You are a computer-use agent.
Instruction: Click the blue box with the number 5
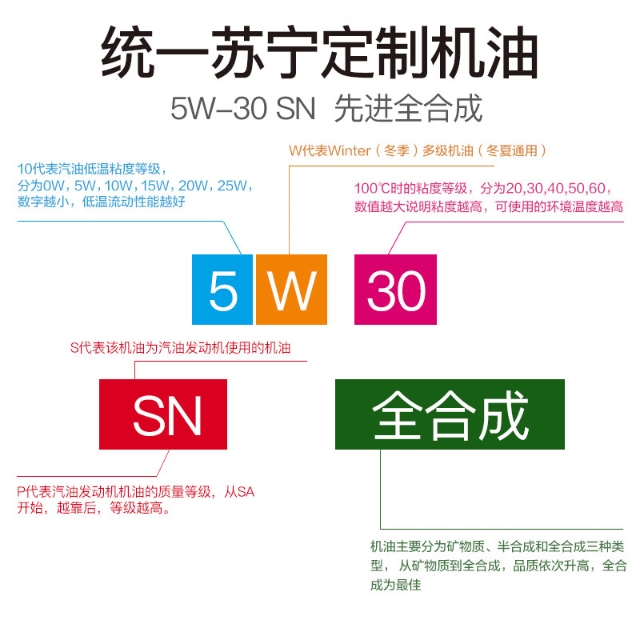point(222,289)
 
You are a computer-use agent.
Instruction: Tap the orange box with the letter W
point(291,289)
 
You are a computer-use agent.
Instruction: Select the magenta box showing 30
point(395,289)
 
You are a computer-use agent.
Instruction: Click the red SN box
point(163,414)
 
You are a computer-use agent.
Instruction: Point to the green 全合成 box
point(450,414)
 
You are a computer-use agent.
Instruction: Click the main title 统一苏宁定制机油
point(320,54)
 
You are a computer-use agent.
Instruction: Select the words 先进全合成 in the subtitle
point(408,108)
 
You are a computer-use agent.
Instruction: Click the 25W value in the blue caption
point(233,186)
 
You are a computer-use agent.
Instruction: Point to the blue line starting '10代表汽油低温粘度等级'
point(91,169)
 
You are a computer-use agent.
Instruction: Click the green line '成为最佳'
point(395,585)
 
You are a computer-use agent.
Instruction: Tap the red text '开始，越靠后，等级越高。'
point(95,508)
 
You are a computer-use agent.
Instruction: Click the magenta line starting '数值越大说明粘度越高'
point(488,206)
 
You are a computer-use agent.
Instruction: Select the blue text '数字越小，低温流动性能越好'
point(102,202)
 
